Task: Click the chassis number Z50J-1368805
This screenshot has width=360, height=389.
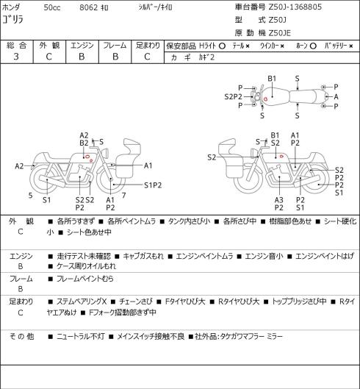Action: coord(295,7)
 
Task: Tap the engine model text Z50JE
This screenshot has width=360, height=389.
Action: coord(280,33)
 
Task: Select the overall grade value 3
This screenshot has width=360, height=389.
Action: coord(16,57)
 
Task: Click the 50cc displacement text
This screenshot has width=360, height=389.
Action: coord(52,7)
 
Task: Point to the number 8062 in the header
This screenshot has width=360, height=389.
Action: coord(88,7)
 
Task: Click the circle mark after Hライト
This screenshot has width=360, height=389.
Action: coord(222,46)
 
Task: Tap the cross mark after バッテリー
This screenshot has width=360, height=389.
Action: coord(351,46)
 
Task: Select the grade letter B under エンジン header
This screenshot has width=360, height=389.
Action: coord(82,57)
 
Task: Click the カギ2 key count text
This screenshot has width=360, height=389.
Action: coord(206,57)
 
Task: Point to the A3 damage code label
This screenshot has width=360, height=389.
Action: coord(279,200)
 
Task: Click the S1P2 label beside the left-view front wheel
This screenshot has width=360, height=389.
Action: coord(153,185)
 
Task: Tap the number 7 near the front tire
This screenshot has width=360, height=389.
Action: coord(123,196)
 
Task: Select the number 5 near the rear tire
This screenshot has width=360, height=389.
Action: coord(30,196)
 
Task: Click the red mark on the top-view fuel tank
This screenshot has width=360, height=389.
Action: coord(265,99)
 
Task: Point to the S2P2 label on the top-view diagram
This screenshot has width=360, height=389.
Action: coord(233,96)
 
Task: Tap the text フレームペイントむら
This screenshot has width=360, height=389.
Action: coord(85,279)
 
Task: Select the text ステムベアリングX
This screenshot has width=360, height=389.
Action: coord(82,301)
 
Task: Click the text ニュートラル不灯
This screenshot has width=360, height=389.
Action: coord(81,337)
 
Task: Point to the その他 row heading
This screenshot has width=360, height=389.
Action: coord(21,337)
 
